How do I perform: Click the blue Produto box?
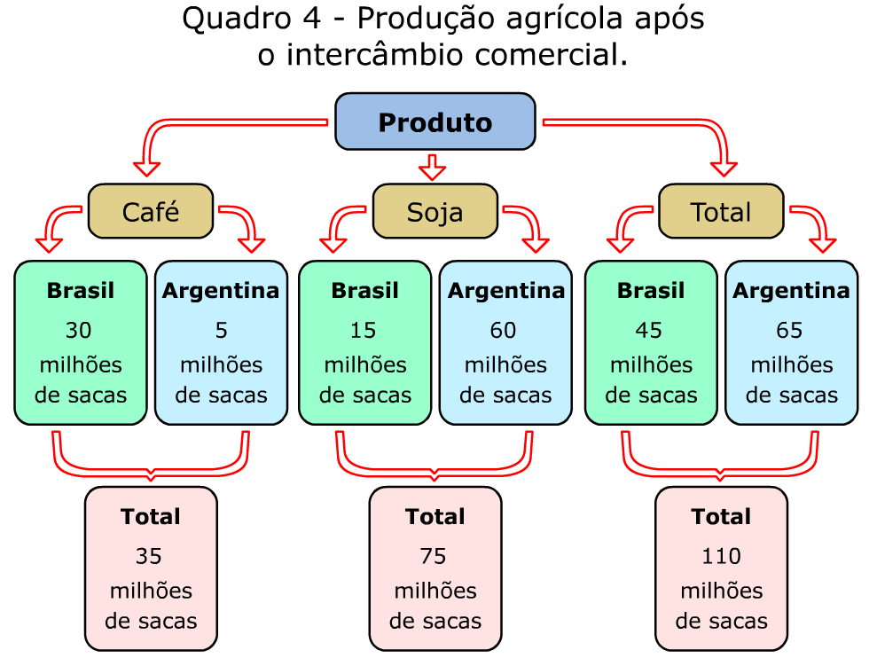(434, 121)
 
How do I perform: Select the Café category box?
(151, 212)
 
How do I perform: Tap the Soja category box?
(434, 212)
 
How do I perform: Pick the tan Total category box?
(721, 212)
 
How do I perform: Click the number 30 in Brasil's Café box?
(79, 331)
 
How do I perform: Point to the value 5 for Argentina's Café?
(221, 331)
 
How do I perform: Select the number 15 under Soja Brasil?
(364, 331)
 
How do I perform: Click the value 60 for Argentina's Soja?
(504, 331)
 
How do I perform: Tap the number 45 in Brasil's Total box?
(649, 331)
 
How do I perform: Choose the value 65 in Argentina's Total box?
(789, 331)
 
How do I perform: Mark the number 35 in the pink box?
(149, 556)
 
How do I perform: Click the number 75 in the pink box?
(434, 556)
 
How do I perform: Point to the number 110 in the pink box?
(720, 556)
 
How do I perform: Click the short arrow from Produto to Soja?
(433, 166)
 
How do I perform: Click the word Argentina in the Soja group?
(505, 291)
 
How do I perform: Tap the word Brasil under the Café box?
(80, 291)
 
